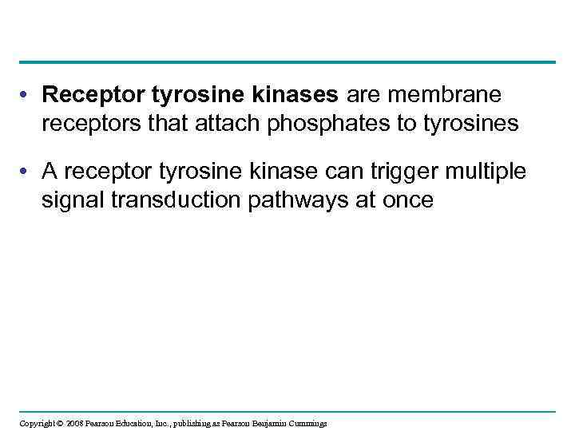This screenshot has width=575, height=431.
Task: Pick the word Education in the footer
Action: tap(135, 423)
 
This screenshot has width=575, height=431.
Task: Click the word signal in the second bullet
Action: tap(70, 200)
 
